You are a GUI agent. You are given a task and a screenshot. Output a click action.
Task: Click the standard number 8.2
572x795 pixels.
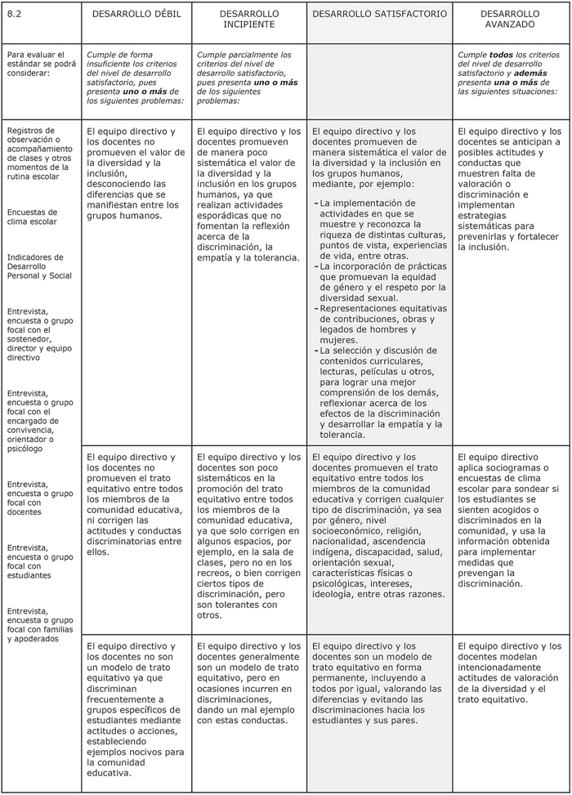tap(14, 14)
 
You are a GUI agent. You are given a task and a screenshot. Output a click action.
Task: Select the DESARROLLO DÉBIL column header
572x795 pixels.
tap(136, 14)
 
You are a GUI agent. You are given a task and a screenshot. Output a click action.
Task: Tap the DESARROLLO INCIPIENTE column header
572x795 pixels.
tap(249, 19)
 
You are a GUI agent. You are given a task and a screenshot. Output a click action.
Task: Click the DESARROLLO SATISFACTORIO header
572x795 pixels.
tap(380, 14)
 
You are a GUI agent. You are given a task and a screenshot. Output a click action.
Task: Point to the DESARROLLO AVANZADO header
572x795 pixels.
tap(510, 19)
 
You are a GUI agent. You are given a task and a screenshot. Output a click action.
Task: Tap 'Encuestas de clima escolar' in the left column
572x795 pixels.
tap(33, 217)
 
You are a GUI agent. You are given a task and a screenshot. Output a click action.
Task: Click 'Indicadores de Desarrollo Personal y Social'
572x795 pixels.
tap(39, 266)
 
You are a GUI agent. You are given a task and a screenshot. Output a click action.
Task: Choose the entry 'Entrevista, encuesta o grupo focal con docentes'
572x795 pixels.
tap(39, 498)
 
